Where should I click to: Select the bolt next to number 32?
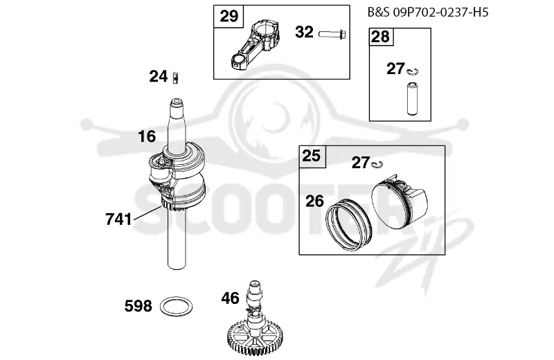(x=332, y=34)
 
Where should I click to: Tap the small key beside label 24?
(x=175, y=78)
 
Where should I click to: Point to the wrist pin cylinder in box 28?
(x=412, y=98)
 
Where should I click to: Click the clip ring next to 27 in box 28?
(x=411, y=72)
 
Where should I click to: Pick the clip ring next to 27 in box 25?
(x=377, y=164)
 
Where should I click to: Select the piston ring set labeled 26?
(x=348, y=226)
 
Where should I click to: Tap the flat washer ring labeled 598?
(x=177, y=306)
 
